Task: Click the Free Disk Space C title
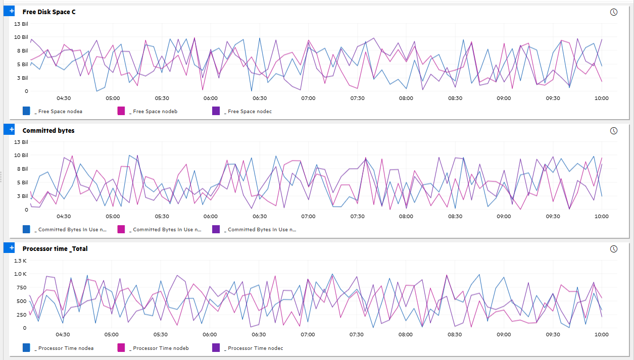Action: click(x=49, y=12)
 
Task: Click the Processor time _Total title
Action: click(x=55, y=248)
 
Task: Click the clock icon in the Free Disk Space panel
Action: click(x=614, y=12)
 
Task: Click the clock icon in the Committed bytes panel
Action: click(x=614, y=131)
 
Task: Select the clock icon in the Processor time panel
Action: click(x=614, y=249)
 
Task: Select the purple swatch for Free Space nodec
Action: click(x=216, y=111)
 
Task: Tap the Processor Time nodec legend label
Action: click(x=255, y=348)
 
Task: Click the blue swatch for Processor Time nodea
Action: click(x=27, y=348)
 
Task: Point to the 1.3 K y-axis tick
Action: click(x=21, y=261)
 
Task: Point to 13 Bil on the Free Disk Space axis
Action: click(x=21, y=24)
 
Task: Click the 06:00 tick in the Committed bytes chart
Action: click(x=210, y=216)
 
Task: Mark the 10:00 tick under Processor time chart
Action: click(x=601, y=334)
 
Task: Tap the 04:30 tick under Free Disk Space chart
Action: click(x=64, y=98)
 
